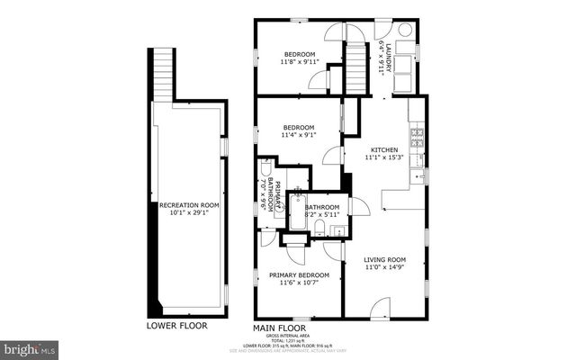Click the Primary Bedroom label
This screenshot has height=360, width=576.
coord(299,274)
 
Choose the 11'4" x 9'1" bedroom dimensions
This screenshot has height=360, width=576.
coord(298,136)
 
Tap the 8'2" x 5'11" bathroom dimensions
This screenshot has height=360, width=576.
coord(320,214)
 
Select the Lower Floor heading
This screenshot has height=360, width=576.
coord(176,325)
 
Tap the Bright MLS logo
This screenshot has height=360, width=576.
coord(30,347)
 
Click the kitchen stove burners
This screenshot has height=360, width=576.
coord(418,138)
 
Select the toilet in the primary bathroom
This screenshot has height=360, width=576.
coord(267,171)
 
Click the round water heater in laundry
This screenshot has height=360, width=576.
coord(405,29)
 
